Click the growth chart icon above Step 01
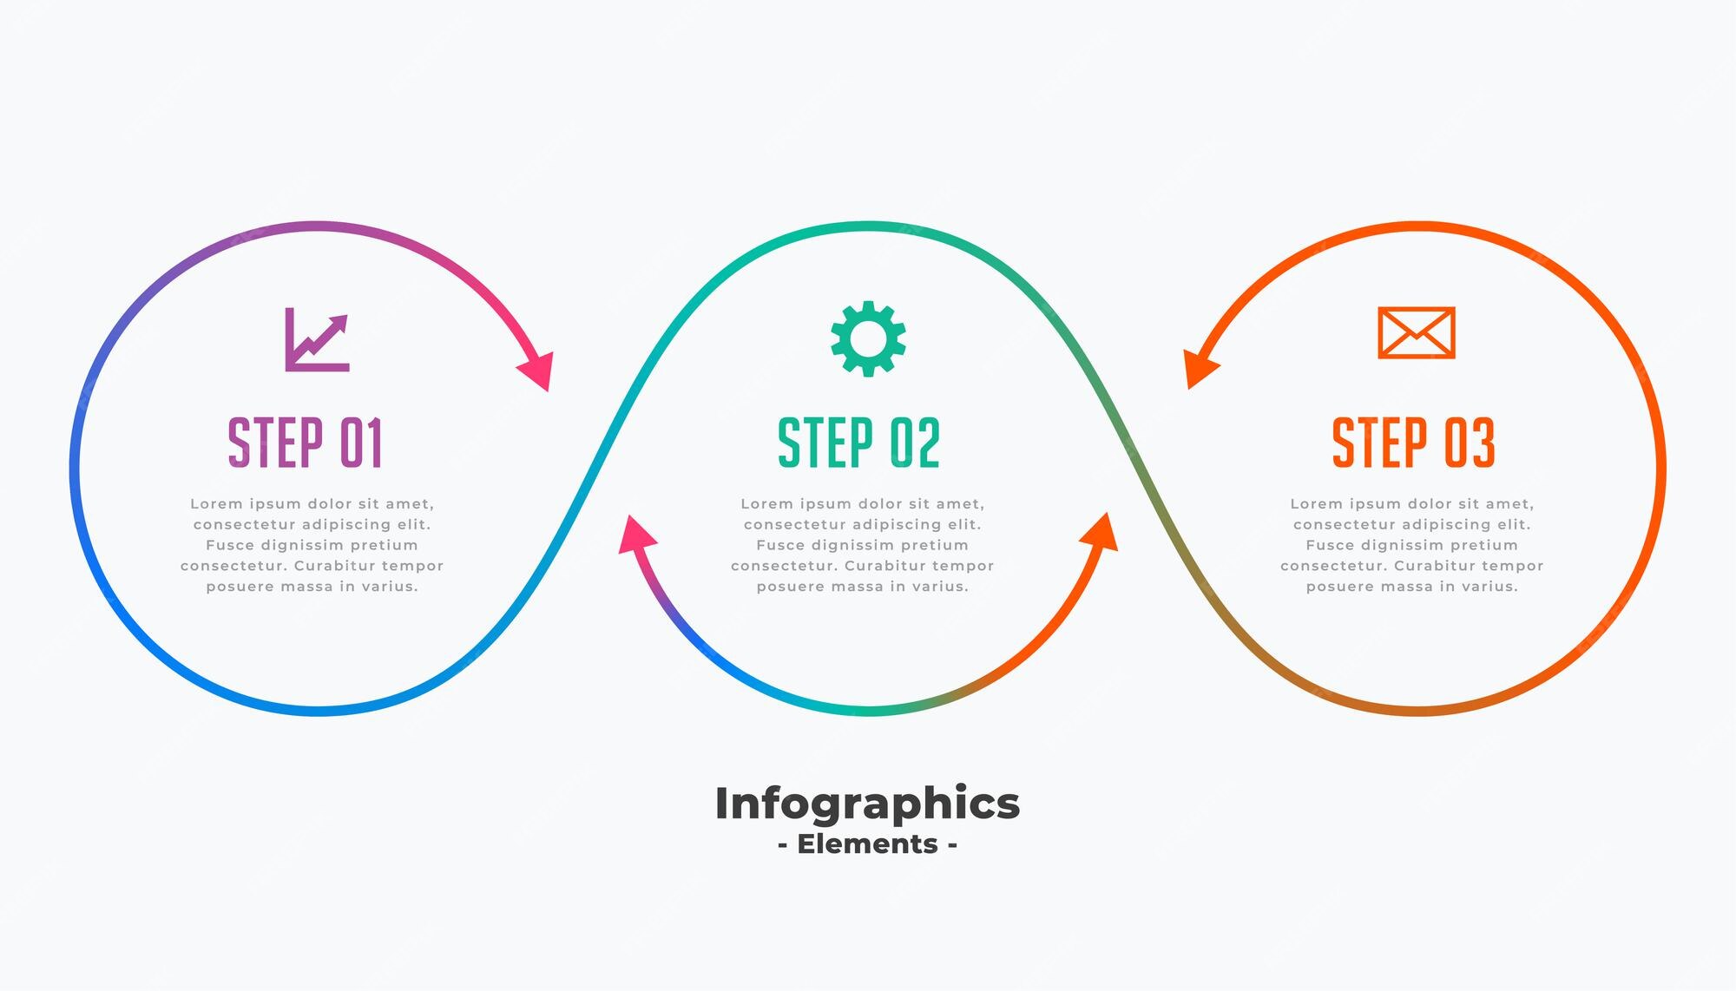tap(318, 339)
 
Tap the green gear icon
tap(868, 338)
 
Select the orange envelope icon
tap(1417, 332)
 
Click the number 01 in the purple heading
tap(361, 443)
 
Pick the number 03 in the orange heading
tap(1470, 443)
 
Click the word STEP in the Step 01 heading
tap(276, 443)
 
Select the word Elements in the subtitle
tap(868, 843)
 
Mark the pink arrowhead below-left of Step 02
tap(636, 533)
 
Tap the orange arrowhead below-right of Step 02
tap(1100, 531)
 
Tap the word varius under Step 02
tap(942, 587)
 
